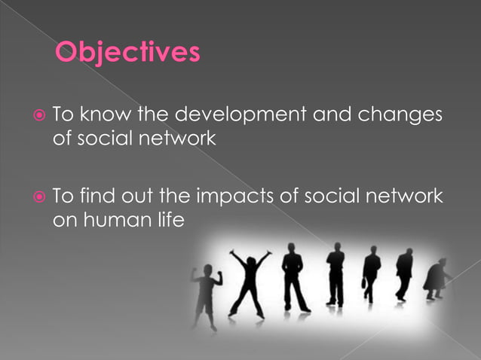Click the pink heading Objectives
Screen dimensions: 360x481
pos(127,53)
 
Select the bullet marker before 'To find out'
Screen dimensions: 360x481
pos(39,197)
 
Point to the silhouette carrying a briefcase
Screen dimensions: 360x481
pos(370,276)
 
